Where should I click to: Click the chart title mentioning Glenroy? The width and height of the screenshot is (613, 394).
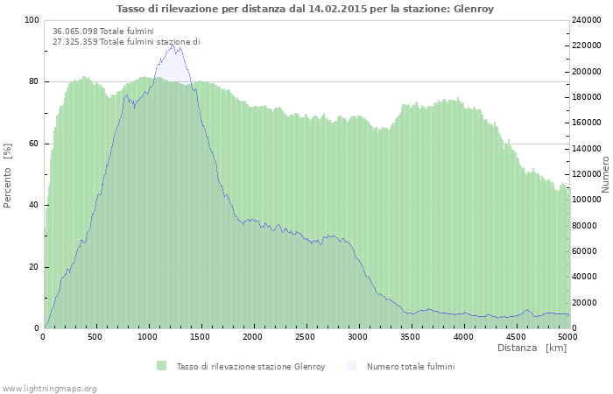306,9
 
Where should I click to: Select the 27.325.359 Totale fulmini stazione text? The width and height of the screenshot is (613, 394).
126,41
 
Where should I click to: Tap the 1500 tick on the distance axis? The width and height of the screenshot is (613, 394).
201,336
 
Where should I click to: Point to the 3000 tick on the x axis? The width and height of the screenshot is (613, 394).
357,336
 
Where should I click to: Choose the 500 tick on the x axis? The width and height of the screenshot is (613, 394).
95,336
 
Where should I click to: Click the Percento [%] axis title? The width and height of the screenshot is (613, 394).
8,175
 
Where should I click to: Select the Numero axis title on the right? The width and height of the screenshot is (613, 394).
605,174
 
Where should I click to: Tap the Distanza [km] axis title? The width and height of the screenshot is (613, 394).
532,348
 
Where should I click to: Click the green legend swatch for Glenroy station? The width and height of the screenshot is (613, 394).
161,366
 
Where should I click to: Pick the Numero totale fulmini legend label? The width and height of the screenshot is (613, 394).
410,366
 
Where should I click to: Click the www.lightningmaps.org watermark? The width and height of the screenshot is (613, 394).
49,388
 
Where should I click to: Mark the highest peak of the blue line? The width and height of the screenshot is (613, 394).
173,46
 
